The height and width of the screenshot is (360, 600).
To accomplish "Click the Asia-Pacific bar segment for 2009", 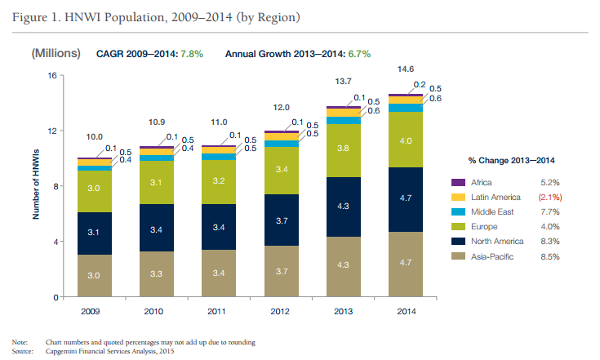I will [x=95, y=275].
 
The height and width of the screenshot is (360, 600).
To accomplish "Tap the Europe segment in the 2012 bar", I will [x=282, y=170].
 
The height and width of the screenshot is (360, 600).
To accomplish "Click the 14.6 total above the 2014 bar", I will [x=406, y=69].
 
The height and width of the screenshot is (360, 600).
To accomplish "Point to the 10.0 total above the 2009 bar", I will [x=95, y=137].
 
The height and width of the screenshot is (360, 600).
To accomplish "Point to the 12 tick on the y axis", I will [x=51, y=131].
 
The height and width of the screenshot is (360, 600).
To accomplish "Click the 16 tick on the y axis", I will [x=51, y=76].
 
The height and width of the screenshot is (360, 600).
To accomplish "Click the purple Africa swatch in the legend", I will [x=459, y=182].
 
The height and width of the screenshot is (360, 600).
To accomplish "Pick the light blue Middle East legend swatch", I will [x=459, y=211].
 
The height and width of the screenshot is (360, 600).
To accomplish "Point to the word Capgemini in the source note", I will [x=64, y=352].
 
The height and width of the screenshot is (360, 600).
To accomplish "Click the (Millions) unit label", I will [x=56, y=53].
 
